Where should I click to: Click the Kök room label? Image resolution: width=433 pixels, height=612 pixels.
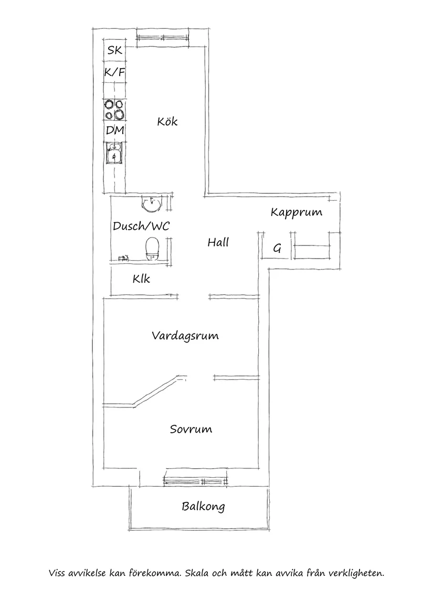click(x=167, y=122)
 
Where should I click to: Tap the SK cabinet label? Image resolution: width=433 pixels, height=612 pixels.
click(x=114, y=51)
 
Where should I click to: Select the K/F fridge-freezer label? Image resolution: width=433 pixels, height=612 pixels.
click(x=114, y=73)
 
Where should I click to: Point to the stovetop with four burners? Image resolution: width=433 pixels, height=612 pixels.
click(x=115, y=110)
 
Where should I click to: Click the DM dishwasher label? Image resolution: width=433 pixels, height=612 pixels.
click(x=114, y=131)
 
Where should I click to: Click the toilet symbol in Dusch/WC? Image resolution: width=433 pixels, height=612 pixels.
click(x=152, y=248)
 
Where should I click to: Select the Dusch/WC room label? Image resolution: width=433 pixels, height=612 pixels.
click(x=141, y=226)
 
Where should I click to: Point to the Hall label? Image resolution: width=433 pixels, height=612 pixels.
click(x=218, y=242)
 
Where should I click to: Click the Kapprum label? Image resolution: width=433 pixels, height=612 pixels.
click(x=296, y=212)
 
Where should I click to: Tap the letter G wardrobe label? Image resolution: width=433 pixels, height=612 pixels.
click(x=277, y=249)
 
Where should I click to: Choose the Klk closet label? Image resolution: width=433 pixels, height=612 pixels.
click(x=141, y=278)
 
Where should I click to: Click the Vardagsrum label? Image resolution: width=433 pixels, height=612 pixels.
click(x=185, y=336)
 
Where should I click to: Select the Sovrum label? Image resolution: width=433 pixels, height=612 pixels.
click(x=191, y=429)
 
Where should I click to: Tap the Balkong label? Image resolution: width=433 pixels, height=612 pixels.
click(x=203, y=507)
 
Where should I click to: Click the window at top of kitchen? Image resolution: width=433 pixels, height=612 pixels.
click(x=162, y=37)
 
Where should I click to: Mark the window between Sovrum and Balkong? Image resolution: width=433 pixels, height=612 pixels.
click(x=196, y=478)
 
